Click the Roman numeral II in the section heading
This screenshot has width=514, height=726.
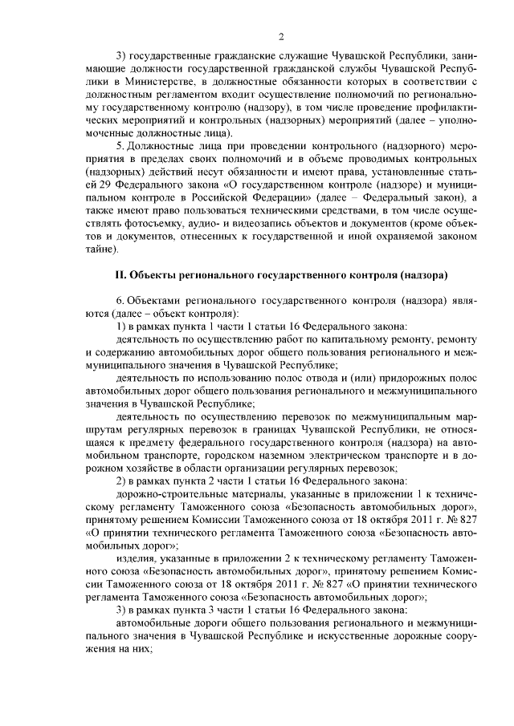coord(121,275)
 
